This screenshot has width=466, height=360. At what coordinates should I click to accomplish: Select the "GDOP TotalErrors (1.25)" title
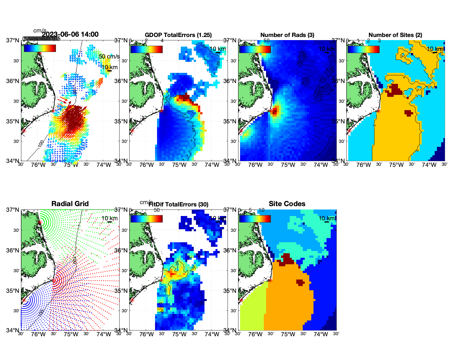(178, 35)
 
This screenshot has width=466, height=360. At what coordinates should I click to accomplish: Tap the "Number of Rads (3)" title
(287, 35)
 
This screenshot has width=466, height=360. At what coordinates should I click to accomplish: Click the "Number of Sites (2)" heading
(395, 35)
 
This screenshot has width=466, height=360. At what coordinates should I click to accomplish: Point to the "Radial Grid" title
(70, 204)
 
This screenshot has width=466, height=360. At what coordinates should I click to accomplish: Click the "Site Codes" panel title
(287, 204)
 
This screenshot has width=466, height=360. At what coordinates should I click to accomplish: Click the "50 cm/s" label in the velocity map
(109, 56)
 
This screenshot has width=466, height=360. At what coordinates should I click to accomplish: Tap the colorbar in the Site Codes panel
(255, 219)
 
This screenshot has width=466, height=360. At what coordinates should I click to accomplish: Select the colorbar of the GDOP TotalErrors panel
(146, 49)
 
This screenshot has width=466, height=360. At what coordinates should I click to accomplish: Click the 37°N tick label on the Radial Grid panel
(13, 210)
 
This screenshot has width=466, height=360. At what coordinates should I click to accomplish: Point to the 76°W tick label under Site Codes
(255, 335)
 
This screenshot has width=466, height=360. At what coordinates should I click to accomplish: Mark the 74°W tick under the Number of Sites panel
(429, 165)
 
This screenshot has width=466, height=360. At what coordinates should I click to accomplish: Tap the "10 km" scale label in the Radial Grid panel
(109, 218)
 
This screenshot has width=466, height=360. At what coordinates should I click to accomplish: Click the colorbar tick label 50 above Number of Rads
(266, 41)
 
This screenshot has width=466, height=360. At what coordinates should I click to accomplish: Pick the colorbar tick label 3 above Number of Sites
(379, 41)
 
